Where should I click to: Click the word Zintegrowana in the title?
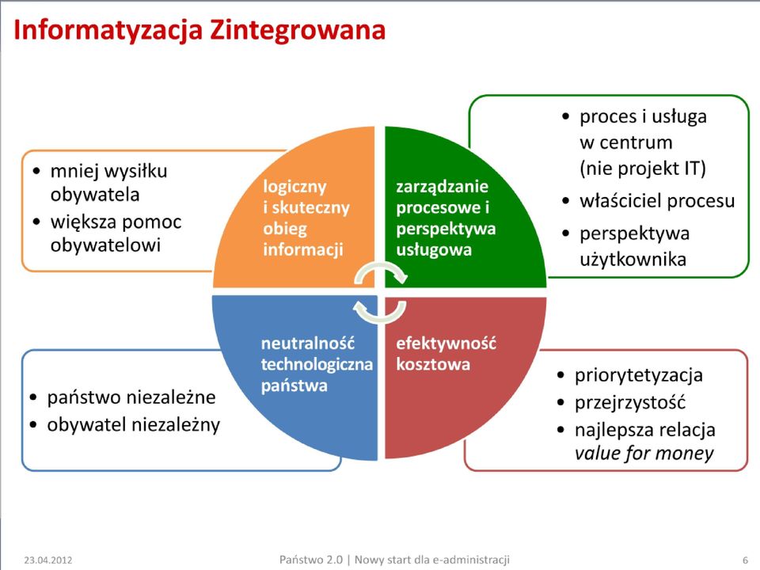click(x=298, y=30)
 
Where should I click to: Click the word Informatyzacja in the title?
click(x=108, y=30)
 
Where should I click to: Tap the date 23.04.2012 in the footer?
click(x=48, y=560)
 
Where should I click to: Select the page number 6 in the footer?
click(x=746, y=560)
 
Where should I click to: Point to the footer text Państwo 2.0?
click(x=310, y=560)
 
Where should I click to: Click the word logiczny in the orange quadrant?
click(x=294, y=187)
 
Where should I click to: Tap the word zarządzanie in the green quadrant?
click(x=442, y=187)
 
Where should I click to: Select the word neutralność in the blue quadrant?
click(x=308, y=343)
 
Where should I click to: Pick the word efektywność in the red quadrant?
click(x=446, y=343)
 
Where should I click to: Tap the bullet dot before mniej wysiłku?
click(x=37, y=171)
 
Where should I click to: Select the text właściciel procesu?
click(x=657, y=200)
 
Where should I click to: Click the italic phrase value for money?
click(x=644, y=453)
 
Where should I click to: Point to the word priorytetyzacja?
click(x=639, y=375)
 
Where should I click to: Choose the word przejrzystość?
click(x=630, y=402)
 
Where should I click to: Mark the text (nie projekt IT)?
click(x=643, y=169)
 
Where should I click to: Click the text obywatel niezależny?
click(x=134, y=424)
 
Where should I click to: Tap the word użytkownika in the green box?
click(x=633, y=260)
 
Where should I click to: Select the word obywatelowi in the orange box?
click(x=105, y=245)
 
